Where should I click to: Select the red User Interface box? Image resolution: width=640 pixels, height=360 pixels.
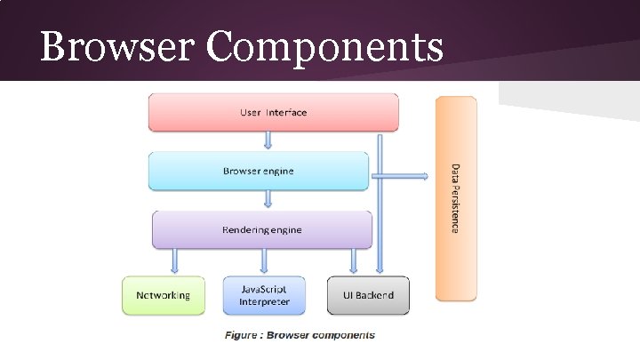coord(273,113)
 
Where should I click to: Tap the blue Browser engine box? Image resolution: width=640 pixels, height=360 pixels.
coord(258,171)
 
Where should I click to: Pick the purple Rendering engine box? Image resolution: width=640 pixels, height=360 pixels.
coord(261,229)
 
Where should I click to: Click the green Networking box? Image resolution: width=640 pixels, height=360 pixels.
coord(163,295)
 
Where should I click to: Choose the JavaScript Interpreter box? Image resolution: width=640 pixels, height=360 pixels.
coord(263,295)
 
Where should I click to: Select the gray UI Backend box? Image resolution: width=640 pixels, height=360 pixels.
coord(368,295)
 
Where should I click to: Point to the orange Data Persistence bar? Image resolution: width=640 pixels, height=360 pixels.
coord(456,198)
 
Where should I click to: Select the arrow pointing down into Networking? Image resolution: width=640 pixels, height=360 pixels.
coord(174,260)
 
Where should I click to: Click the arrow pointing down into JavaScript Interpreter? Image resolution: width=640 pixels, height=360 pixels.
coord(264,260)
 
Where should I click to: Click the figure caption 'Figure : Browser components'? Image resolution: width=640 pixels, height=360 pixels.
coord(300,335)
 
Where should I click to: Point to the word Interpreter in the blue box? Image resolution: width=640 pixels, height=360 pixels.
coord(264,302)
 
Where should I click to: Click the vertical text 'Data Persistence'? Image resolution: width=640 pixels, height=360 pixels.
coord(455,198)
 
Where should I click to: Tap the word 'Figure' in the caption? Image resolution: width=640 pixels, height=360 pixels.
coord(243,335)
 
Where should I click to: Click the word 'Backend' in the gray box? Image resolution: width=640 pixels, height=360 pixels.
coord(375,295)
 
